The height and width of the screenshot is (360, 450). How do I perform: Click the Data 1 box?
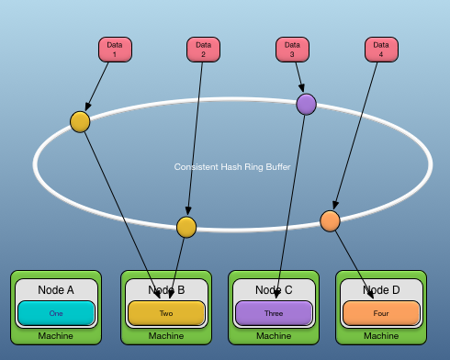[115, 50]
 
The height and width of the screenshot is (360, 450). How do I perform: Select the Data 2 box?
[203, 50]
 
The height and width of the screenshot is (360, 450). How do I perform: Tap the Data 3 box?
[292, 50]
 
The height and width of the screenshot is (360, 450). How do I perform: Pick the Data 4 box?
[381, 50]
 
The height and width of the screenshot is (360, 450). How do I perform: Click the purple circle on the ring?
[306, 105]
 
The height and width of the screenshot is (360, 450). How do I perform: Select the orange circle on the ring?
[330, 220]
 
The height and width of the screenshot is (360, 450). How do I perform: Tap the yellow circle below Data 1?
[80, 122]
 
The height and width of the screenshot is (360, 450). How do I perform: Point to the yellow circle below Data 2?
[186, 227]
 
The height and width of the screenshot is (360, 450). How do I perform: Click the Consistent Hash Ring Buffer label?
[232, 167]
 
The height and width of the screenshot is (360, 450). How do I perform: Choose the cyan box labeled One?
[56, 313]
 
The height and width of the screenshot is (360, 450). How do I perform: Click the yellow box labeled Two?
[166, 313]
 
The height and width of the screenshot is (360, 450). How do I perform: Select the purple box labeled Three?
[274, 313]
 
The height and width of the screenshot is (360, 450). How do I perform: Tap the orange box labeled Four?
[381, 313]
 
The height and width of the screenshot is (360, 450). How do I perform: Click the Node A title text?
[57, 290]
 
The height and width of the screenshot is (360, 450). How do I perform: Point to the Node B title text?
[166, 290]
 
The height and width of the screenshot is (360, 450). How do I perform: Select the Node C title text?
[274, 290]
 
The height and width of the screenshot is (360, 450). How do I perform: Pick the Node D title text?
[381, 290]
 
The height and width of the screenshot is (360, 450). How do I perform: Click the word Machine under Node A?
[56, 336]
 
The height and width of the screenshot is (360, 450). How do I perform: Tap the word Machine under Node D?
[381, 336]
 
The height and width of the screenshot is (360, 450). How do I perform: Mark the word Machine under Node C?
[274, 336]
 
